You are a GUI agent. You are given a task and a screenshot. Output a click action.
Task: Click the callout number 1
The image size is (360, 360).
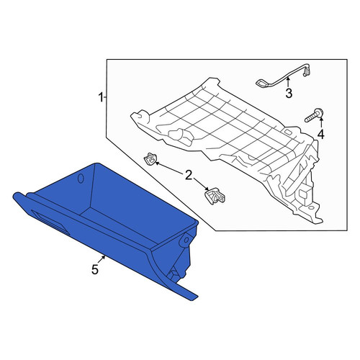pos(101,97)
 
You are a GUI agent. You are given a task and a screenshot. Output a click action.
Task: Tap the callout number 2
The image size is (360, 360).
pos(189,175)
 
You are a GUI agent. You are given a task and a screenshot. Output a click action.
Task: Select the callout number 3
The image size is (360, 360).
pos(289,93)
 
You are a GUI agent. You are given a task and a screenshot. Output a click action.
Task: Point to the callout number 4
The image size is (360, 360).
pos(321,134)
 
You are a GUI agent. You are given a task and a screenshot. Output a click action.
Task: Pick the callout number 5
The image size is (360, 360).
pos(95,269)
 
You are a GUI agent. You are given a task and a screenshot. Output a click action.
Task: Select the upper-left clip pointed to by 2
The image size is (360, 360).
pos(150,158)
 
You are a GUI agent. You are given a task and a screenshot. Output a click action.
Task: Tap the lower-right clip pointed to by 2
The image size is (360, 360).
pos(215,196)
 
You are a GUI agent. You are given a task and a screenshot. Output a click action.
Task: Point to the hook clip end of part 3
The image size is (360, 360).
pos(307,71)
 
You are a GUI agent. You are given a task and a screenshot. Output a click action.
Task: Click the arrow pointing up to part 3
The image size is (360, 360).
pos(288,81)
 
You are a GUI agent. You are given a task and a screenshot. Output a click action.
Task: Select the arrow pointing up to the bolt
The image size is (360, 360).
pos(321,122)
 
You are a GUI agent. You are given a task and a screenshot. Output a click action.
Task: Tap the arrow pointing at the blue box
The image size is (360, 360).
pos(102,260)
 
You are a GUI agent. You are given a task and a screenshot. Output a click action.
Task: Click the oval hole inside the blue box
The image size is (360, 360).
pos(81,179)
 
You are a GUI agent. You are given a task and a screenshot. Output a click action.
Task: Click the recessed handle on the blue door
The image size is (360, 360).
pos(50,222)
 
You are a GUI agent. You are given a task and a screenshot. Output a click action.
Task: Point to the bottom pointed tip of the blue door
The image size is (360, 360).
pos(192,300)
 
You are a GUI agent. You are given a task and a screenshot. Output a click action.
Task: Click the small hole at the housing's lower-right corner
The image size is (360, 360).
pos(311,208)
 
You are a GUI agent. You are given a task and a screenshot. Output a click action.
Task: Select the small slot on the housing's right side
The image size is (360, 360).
pos(288,132)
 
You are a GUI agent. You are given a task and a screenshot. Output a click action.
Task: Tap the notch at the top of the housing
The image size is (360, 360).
pos(217,83)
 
